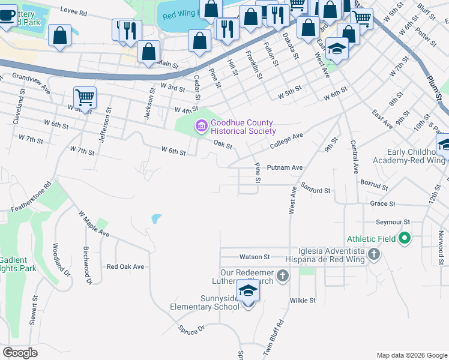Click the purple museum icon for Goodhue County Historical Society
(200, 126)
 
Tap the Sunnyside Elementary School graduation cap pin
(248, 291)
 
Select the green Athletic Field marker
(404, 239)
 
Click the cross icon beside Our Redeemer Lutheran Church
(282, 276)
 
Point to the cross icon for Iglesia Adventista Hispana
(373, 254)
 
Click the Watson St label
(255, 257)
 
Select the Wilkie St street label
(304, 300)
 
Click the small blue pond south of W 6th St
(156, 219)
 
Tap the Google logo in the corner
(20, 353)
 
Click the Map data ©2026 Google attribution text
(411, 355)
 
